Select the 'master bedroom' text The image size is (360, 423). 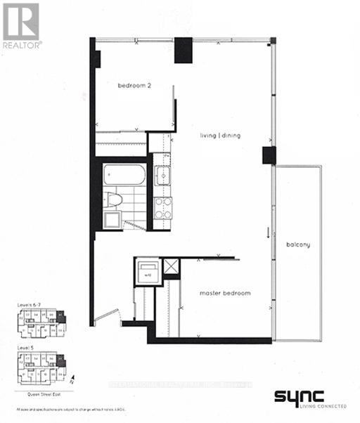226,292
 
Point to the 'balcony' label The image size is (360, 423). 298,245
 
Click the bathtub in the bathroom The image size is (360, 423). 124,176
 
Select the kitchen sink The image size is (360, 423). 162,175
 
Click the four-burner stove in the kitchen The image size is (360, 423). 163,208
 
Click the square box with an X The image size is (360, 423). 171,267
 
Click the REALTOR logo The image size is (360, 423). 21,25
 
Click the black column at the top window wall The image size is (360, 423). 184,49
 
